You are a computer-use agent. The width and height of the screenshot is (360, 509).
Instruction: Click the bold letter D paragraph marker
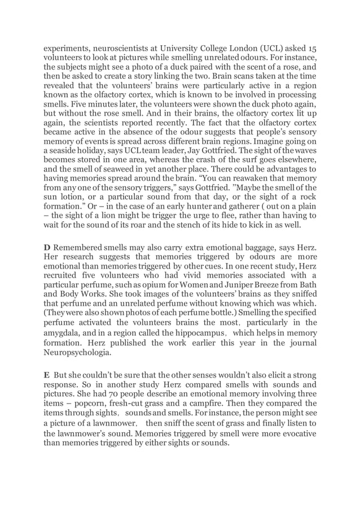[x=47, y=249]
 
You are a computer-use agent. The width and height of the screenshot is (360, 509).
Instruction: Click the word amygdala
[x=63, y=332]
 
